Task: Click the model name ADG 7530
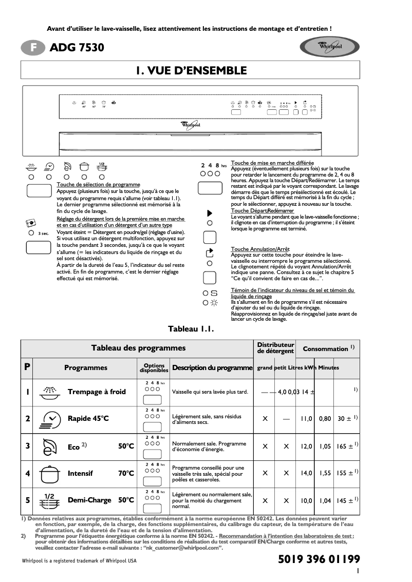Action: (77, 48)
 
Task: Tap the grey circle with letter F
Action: (33, 48)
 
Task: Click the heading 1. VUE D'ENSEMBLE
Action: (192, 71)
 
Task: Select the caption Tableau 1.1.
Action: (191, 328)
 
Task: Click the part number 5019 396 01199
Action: (319, 559)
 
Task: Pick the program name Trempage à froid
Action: (97, 392)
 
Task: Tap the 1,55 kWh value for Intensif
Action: (325, 473)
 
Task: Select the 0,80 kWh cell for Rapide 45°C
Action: (325, 419)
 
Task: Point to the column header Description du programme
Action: (213, 367)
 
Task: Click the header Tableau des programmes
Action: (138, 348)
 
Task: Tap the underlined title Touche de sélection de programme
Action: (98, 184)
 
